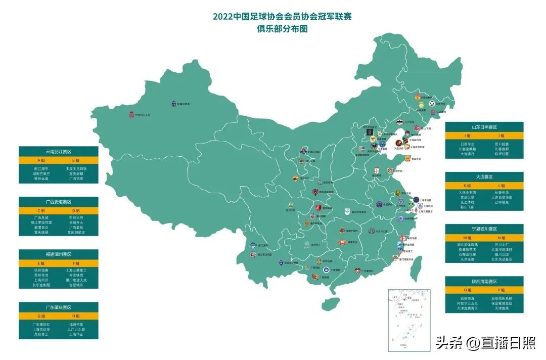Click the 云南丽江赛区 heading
coord(59,151)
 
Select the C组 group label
coord(41,210)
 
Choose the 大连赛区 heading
coord(484,176)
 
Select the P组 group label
coord(502,290)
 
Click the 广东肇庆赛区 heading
coord(59,307)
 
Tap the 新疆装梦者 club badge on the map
coord(175,104)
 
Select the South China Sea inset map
coord(408,320)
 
